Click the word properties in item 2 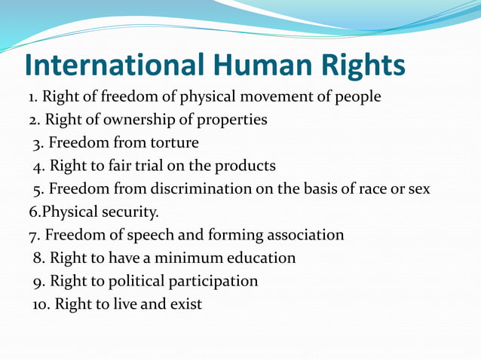[231, 120]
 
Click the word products [246, 166]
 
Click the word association [303, 235]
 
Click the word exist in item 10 [185, 305]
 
